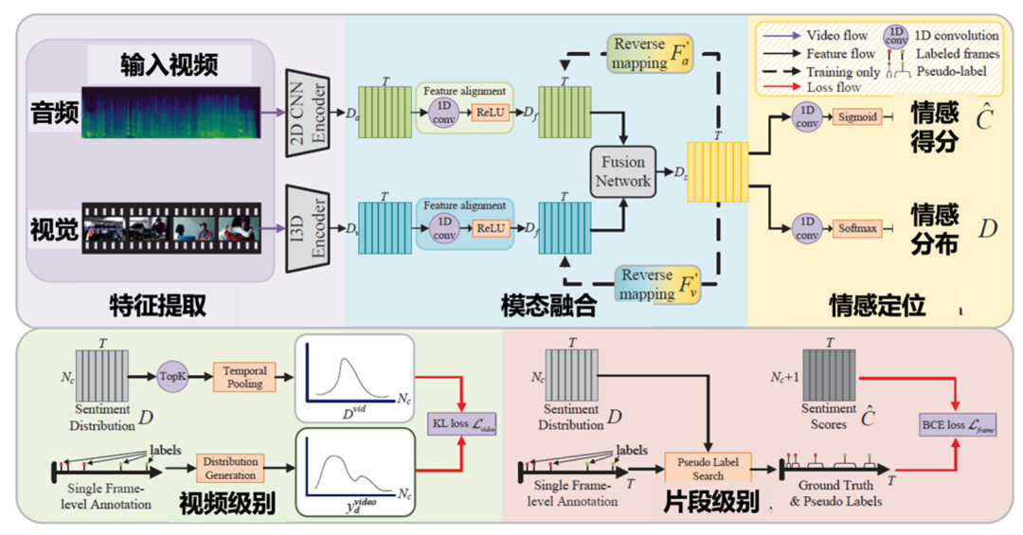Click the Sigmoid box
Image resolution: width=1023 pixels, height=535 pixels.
point(856,117)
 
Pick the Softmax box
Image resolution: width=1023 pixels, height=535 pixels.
point(856,228)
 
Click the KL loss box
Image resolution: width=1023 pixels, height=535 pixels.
point(463,423)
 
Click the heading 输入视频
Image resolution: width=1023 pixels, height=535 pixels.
point(170,64)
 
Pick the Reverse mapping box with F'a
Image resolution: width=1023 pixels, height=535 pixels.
point(649,53)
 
